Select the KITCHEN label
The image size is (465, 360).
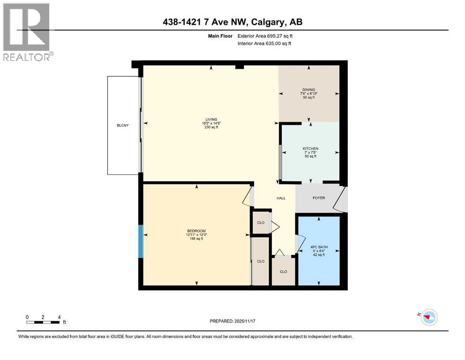click(x=310, y=149)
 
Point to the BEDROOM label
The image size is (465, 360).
click(x=196, y=231)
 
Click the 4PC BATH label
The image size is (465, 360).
click(x=318, y=247)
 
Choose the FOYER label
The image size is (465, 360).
click(x=318, y=198)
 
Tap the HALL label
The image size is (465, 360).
click(x=281, y=198)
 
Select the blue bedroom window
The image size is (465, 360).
click(x=140, y=241)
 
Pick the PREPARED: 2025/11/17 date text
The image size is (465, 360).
click(x=232, y=321)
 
